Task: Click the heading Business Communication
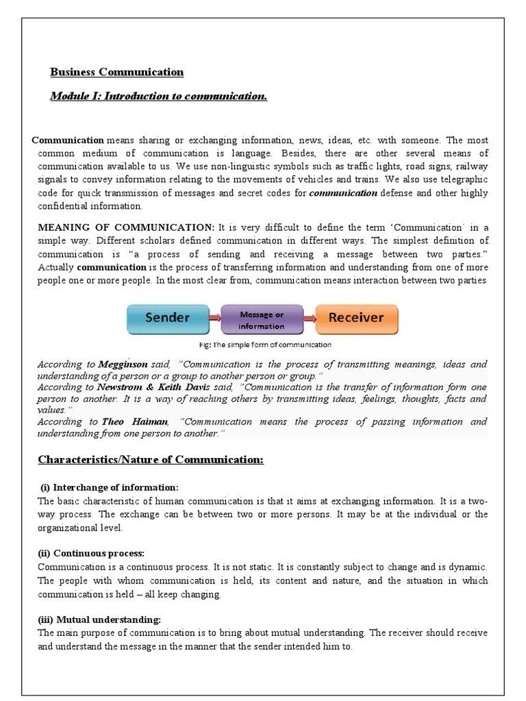tap(117, 72)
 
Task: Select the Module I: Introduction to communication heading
tap(158, 96)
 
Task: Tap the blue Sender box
tap(167, 318)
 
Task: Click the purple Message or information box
tap(262, 320)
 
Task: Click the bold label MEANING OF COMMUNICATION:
tap(126, 227)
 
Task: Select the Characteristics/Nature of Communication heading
tap(150, 459)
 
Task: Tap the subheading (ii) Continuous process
tap(91, 553)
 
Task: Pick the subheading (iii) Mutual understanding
tap(99, 620)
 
